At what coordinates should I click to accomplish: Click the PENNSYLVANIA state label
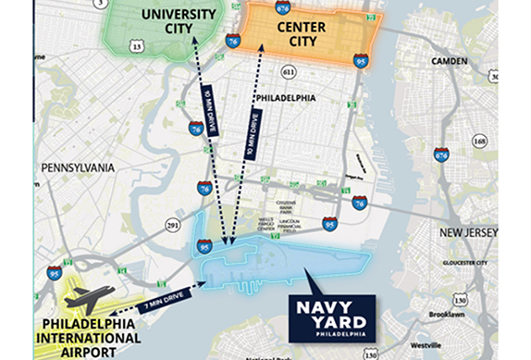pos(78,168)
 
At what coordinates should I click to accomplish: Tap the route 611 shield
pos(289,71)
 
